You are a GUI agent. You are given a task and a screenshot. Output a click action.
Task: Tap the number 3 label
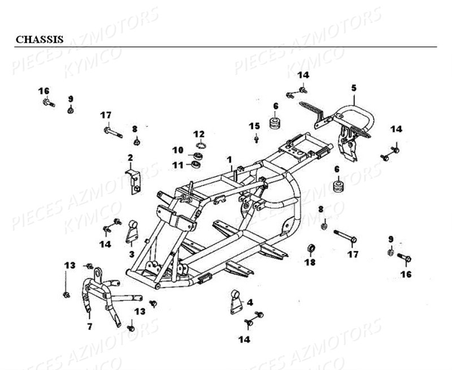[x=131, y=254]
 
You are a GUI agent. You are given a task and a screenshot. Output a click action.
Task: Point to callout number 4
[x=250, y=302]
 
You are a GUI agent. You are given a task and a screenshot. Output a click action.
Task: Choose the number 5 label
[x=354, y=88]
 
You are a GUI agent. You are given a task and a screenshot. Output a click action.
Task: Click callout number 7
[x=89, y=327]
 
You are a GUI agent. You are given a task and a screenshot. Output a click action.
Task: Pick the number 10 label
[x=179, y=150]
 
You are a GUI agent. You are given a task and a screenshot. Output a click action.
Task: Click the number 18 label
[x=310, y=262]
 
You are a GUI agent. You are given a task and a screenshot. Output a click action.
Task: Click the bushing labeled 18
[x=310, y=248]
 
